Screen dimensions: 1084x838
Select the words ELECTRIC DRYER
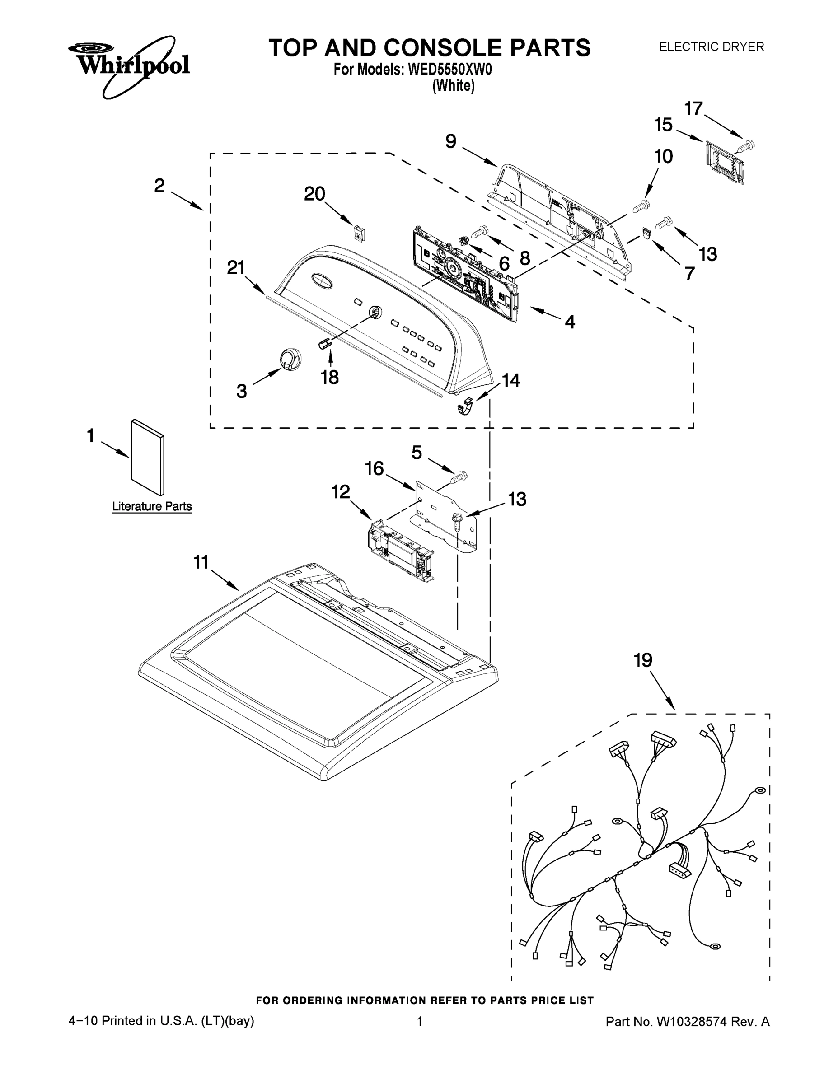click(711, 47)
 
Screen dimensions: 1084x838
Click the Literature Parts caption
click(152, 506)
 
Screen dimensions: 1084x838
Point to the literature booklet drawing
click(147, 457)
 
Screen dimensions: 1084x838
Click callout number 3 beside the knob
click(241, 392)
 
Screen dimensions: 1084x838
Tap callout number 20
click(314, 194)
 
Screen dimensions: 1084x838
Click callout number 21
click(236, 268)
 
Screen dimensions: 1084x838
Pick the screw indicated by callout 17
click(746, 146)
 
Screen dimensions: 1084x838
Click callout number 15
click(663, 125)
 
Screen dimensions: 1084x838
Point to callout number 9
click(450, 141)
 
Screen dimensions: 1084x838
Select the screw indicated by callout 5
click(460, 477)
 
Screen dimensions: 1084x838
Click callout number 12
click(341, 492)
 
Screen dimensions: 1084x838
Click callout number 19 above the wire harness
click(643, 660)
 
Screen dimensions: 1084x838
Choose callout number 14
click(511, 380)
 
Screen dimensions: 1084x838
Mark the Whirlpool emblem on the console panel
click(321, 280)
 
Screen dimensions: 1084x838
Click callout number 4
click(570, 322)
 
